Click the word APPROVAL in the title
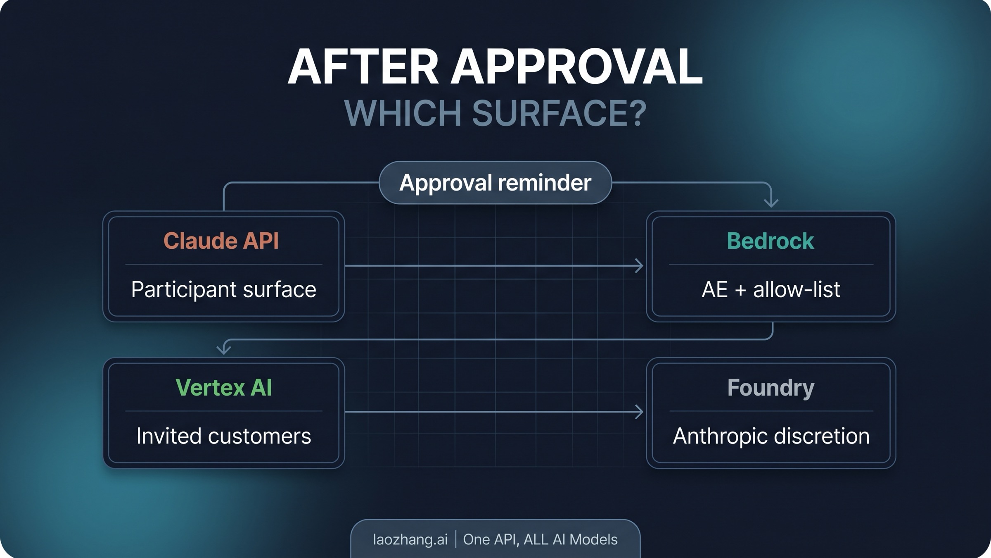tap(576, 67)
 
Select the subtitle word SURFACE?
tap(559, 113)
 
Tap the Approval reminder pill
tap(495, 183)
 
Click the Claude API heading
tap(221, 241)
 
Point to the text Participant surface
tap(223, 289)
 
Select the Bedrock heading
tap(770, 241)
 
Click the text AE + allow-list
tap(771, 289)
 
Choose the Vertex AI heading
tap(223, 387)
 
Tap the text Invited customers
tap(223, 436)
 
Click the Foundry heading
tap(771, 387)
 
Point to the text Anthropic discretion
tap(771, 436)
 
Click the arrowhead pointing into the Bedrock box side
tap(640, 266)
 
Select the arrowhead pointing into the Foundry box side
tap(640, 412)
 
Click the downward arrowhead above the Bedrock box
tap(771, 203)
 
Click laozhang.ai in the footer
tap(410, 539)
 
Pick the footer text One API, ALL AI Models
tap(540, 539)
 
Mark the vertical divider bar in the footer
tap(456, 539)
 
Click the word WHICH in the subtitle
tap(402, 113)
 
